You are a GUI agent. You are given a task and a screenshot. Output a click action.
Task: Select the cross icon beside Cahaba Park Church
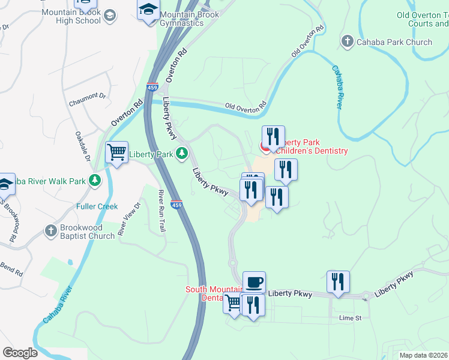(347, 42)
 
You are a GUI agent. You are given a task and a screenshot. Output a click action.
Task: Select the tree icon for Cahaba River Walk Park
(94, 181)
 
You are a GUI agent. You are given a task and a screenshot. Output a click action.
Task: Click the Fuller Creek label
(97, 207)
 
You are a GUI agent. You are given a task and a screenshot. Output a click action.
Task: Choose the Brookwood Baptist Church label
(86, 232)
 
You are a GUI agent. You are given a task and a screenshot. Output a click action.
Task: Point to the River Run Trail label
(161, 211)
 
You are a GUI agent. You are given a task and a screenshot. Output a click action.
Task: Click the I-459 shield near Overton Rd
(152, 88)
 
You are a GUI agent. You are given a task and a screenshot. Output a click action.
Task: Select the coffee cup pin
(254, 281)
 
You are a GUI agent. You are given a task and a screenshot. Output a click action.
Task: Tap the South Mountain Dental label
(213, 293)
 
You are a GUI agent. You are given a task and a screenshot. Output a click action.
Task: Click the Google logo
(20, 352)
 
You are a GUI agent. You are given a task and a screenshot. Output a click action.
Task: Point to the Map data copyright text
(423, 355)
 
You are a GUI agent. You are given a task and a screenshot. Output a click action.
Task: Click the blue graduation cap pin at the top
(148, 10)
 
